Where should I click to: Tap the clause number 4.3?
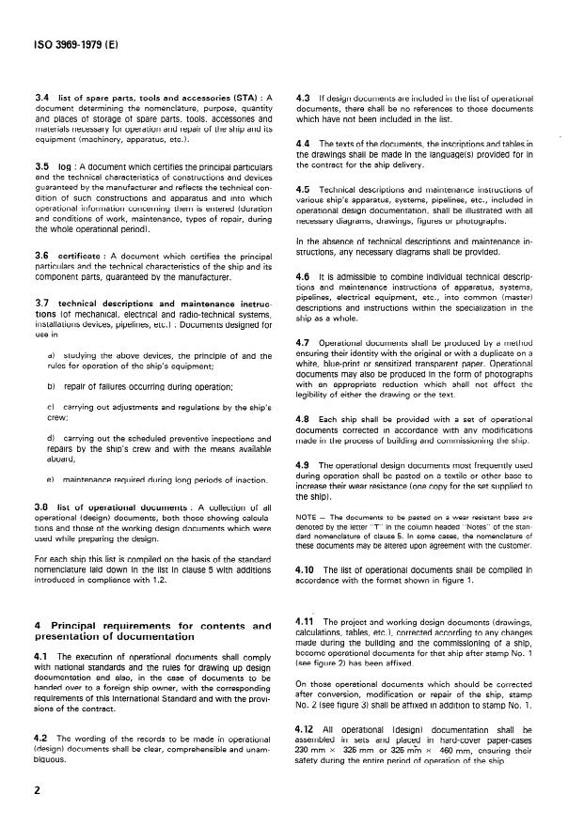[302, 98]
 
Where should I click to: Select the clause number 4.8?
[302, 416]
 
